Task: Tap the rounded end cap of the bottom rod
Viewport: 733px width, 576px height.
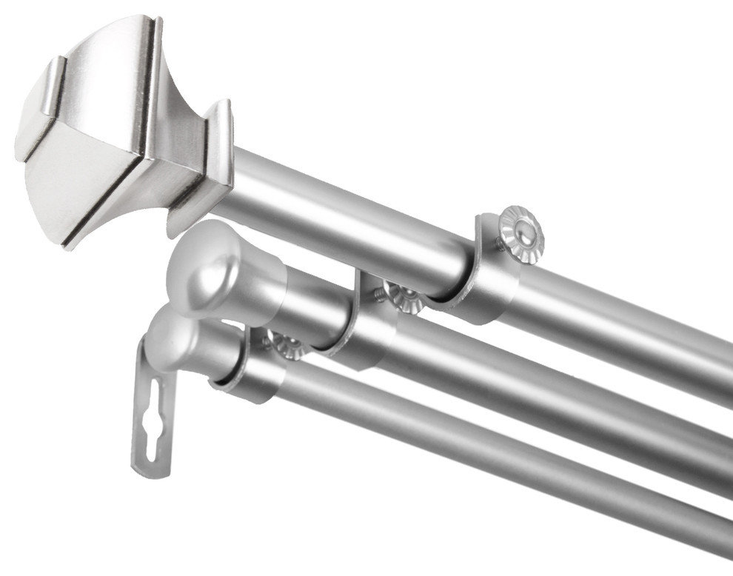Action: pos(181,341)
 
